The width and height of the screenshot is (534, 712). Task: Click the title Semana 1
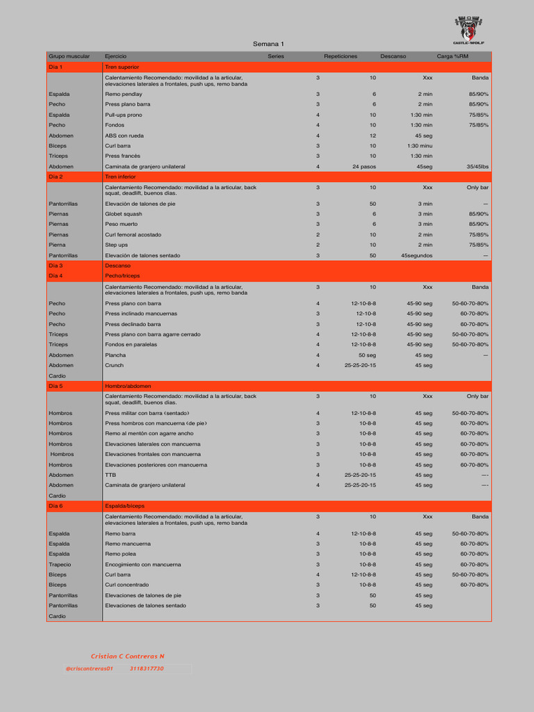(268, 44)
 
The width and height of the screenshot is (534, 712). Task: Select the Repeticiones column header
(341, 56)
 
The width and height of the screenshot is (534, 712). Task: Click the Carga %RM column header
(453, 56)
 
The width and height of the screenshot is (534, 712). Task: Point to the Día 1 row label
(56, 67)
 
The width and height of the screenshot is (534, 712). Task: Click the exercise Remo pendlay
(123, 94)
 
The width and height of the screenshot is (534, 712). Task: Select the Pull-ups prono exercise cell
(123, 115)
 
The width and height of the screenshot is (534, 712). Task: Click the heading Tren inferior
(122, 177)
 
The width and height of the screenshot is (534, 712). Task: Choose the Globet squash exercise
(123, 214)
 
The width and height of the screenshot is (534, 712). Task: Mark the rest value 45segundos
(416, 255)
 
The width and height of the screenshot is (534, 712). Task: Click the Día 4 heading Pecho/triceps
(122, 276)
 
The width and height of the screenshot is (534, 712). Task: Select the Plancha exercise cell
(115, 355)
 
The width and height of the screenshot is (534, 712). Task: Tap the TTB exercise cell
(111, 475)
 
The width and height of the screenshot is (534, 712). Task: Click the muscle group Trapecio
(60, 565)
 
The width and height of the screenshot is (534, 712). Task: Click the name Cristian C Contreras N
(127, 656)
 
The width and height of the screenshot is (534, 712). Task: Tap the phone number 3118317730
(147, 668)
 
